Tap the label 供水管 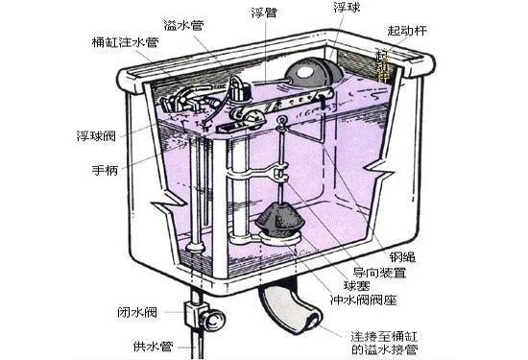point(144,342)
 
